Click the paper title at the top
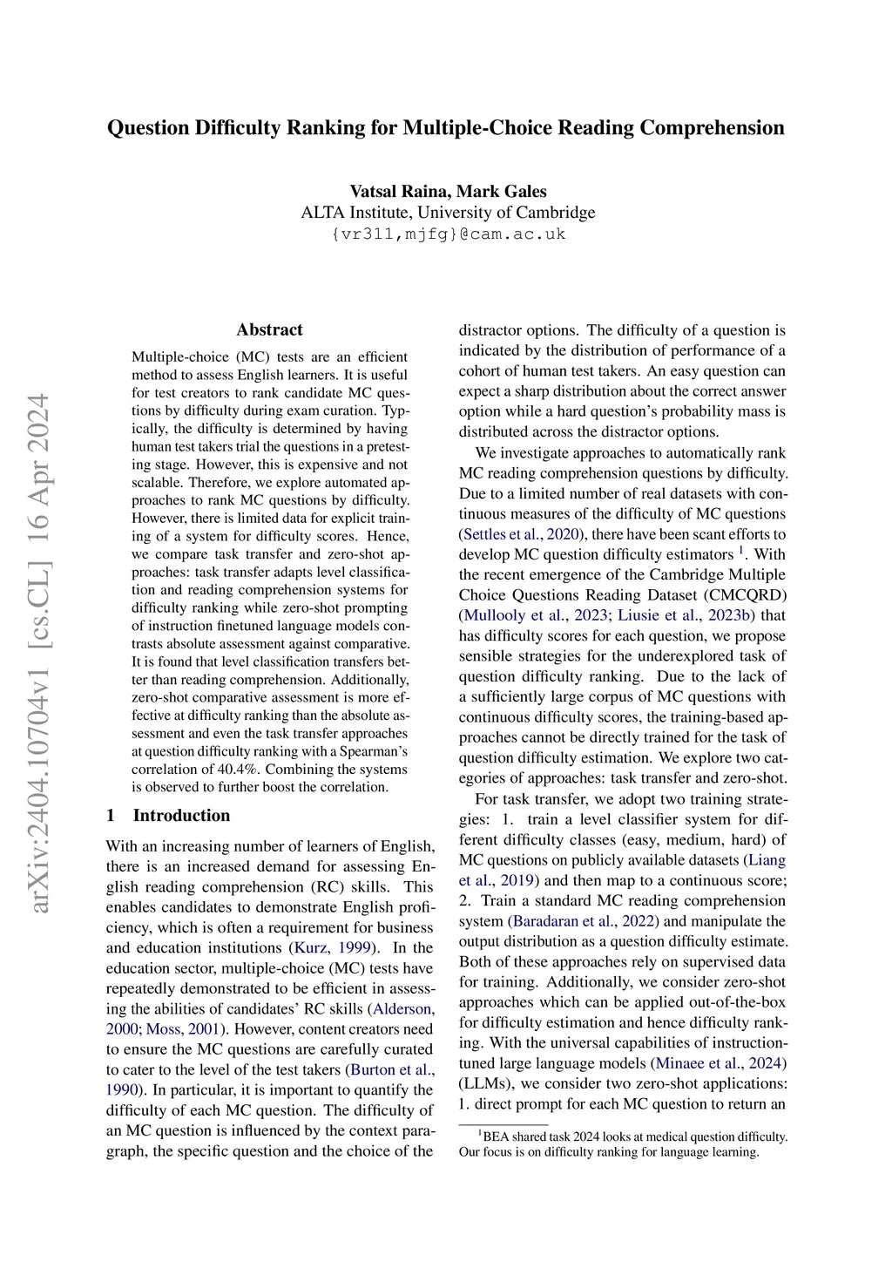(x=445, y=128)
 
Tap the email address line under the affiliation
(x=448, y=234)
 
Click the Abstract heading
(x=269, y=329)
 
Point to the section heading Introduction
(x=181, y=816)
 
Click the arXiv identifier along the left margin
(x=39, y=654)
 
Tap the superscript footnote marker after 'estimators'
(x=741, y=551)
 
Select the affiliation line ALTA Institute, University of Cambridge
(x=448, y=213)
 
